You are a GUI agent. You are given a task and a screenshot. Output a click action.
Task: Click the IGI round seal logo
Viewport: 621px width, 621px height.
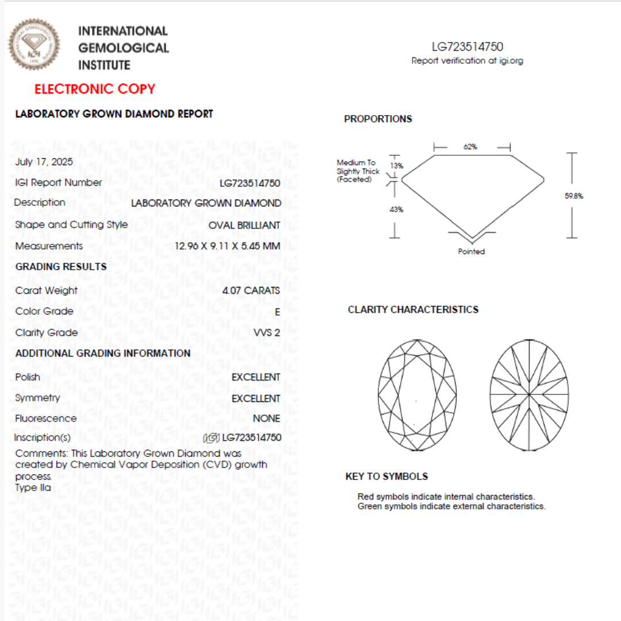pyautogui.click(x=33, y=44)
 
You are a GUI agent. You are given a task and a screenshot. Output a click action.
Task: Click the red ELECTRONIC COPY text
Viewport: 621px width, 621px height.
pyautogui.click(x=95, y=89)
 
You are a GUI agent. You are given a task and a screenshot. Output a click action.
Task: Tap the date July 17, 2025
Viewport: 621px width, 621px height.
pyautogui.click(x=44, y=162)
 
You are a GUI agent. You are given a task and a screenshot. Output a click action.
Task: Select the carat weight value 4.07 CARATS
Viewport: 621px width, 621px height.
pyautogui.click(x=251, y=290)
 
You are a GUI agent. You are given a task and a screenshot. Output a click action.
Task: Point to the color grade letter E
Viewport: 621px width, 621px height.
pyautogui.click(x=277, y=312)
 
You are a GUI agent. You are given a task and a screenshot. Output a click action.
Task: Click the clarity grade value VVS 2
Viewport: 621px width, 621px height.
pyautogui.click(x=267, y=333)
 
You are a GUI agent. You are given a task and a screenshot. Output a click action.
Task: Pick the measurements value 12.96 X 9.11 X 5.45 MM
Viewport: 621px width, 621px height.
pyautogui.click(x=228, y=247)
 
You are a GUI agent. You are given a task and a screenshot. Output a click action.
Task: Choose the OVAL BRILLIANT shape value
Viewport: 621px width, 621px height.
pyautogui.click(x=244, y=225)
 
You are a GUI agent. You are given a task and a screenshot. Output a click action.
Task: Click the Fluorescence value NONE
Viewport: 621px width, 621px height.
pyautogui.click(x=266, y=419)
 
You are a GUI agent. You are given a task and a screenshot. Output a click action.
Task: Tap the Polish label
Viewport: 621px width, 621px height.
pyautogui.click(x=28, y=377)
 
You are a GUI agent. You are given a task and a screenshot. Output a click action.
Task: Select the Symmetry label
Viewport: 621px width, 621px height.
pyautogui.click(x=37, y=398)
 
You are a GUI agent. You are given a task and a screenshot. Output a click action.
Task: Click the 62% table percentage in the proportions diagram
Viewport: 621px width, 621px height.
pyautogui.click(x=470, y=147)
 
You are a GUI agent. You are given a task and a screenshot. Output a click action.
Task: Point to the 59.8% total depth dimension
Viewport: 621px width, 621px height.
pyautogui.click(x=574, y=196)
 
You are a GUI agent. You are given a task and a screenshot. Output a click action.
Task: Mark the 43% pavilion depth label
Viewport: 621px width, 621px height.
pyautogui.click(x=397, y=210)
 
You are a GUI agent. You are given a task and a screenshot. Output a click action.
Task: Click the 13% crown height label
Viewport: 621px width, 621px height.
pyautogui.click(x=397, y=166)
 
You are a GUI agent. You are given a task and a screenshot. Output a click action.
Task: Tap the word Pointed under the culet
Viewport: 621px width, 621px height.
pyautogui.click(x=471, y=252)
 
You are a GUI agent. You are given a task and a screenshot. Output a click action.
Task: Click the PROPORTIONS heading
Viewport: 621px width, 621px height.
pyautogui.click(x=378, y=119)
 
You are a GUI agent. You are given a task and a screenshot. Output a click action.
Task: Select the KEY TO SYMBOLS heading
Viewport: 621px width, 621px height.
pyautogui.click(x=386, y=477)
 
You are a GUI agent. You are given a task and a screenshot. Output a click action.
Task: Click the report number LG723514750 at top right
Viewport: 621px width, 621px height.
pyautogui.click(x=467, y=47)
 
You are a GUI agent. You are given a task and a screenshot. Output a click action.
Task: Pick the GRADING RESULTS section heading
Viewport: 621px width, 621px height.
pyautogui.click(x=61, y=267)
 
